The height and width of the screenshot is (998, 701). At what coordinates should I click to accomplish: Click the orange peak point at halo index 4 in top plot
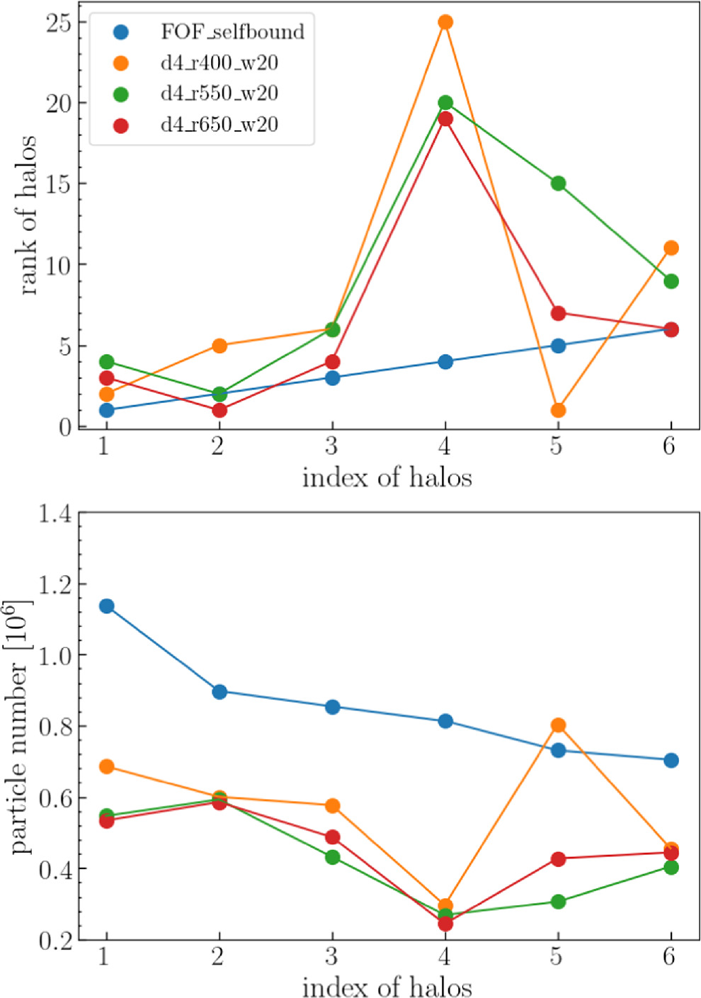click(445, 23)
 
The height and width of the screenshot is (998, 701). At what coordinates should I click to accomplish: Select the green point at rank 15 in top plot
click(558, 183)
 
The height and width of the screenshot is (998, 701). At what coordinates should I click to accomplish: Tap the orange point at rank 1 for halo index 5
click(558, 410)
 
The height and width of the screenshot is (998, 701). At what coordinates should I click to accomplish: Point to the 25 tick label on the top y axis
click(59, 23)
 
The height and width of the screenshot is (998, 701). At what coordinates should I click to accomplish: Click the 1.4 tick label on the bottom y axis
click(55, 514)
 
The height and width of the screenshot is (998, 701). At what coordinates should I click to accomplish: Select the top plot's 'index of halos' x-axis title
click(387, 477)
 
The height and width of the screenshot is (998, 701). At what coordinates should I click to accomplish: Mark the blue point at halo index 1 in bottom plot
click(107, 606)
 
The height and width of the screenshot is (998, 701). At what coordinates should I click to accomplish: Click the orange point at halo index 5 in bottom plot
click(558, 725)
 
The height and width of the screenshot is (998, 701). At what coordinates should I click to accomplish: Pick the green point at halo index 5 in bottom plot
click(558, 902)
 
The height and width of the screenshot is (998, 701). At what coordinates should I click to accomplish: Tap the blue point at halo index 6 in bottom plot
click(671, 761)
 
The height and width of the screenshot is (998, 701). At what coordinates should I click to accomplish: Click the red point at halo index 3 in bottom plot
click(332, 837)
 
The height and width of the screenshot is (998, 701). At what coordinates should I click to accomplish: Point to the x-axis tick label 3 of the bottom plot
click(331, 957)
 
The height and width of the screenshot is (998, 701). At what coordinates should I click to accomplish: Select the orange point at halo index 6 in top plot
click(671, 248)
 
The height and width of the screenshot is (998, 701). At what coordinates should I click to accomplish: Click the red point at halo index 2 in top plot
click(220, 410)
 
